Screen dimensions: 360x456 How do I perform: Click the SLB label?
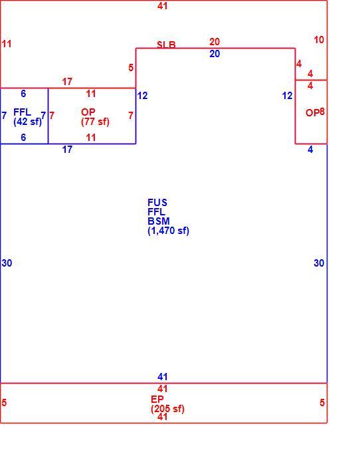(166, 45)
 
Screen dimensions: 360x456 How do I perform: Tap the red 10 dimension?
(319, 40)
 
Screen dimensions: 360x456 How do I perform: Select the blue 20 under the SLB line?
(215, 54)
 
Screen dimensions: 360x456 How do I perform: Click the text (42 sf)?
(28, 122)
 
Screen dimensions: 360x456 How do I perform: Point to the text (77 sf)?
(95, 122)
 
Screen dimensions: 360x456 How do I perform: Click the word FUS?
(157, 202)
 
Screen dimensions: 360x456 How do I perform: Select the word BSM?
(158, 221)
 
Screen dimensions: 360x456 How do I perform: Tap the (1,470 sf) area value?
(168, 231)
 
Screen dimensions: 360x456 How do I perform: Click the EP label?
(157, 399)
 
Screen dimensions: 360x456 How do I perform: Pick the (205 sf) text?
(167, 409)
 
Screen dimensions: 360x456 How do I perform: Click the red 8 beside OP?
(322, 112)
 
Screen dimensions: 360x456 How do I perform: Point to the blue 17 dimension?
(67, 150)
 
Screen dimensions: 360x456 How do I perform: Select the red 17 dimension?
(67, 82)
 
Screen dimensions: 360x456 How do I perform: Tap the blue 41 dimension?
(163, 377)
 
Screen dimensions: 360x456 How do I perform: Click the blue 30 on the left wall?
(7, 263)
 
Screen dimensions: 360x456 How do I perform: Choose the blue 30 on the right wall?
(319, 263)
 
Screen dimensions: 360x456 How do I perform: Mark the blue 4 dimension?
(310, 150)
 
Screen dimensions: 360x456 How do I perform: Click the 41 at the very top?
(163, 5)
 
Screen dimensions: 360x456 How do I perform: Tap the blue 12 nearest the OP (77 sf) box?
(142, 96)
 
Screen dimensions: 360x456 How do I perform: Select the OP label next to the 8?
(312, 112)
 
